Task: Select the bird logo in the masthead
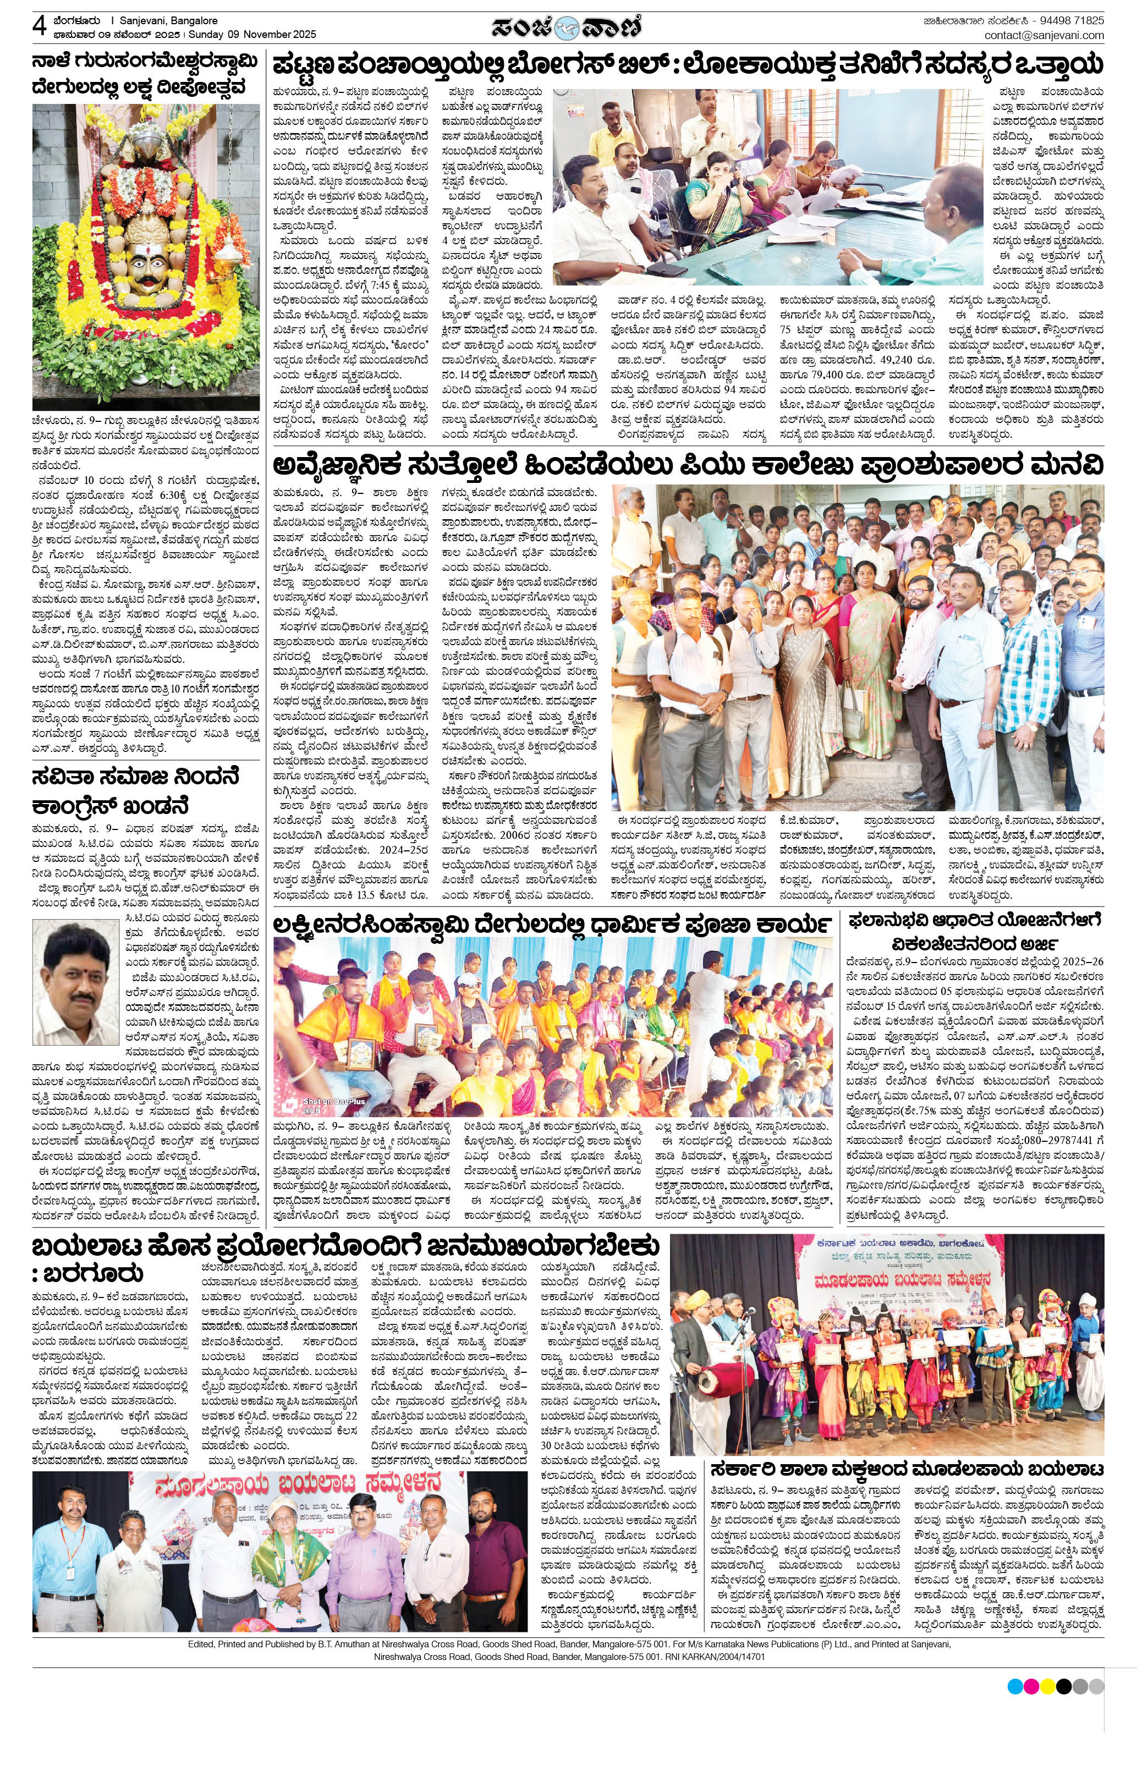coord(568,28)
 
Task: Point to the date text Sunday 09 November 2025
coord(252,34)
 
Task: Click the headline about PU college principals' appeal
coord(686,465)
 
